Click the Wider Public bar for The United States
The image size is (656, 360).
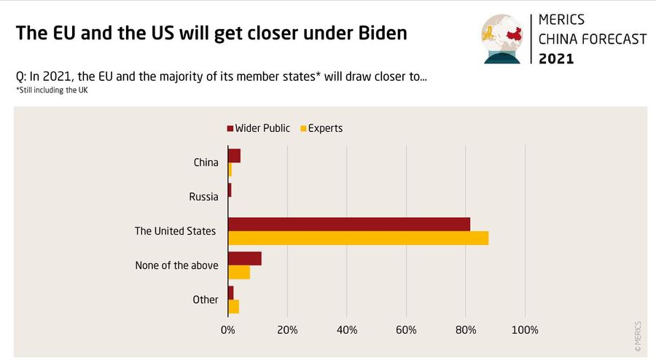[349, 224]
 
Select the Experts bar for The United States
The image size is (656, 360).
[358, 238]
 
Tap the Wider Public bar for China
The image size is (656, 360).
[234, 155]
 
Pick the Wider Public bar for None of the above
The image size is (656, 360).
[244, 259]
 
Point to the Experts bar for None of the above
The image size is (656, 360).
[239, 273]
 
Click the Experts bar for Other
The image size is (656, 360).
[233, 306]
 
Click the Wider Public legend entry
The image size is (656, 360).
[259, 128]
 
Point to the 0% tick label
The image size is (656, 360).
[227, 330]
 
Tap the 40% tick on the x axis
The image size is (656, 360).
[347, 330]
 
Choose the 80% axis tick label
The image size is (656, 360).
[466, 330]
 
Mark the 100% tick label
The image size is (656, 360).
[524, 330]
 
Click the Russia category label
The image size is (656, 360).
[203, 196]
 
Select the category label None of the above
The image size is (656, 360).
[176, 265]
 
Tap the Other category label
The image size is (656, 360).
[206, 300]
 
